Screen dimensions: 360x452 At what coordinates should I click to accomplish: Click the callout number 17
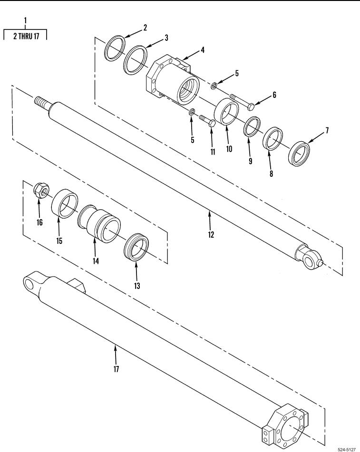[x=116, y=369]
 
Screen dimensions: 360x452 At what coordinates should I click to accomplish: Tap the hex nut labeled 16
[x=41, y=190]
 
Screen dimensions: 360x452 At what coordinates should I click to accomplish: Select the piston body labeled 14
[x=98, y=222]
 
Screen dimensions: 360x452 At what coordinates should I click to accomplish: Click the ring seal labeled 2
[x=115, y=48]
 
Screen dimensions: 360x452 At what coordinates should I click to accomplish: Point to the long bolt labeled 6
[x=242, y=103]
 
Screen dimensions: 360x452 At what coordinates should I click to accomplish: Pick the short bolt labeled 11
[x=207, y=121]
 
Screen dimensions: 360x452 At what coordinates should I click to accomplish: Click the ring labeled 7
[x=299, y=153]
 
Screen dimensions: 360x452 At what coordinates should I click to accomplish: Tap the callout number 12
[x=211, y=235]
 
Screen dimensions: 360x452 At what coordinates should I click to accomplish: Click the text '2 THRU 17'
[x=26, y=36]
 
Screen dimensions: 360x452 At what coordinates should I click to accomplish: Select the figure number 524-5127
[x=347, y=449]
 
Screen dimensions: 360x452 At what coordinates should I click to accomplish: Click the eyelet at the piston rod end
[x=308, y=258]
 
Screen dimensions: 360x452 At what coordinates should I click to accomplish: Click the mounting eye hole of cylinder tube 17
[x=29, y=284]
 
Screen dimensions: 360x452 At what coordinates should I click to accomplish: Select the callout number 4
[x=203, y=50]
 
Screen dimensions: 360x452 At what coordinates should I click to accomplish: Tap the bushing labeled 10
[x=227, y=112]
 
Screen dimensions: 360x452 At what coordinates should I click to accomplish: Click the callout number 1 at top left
[x=25, y=20]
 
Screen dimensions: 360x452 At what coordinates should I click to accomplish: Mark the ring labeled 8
[x=272, y=139]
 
